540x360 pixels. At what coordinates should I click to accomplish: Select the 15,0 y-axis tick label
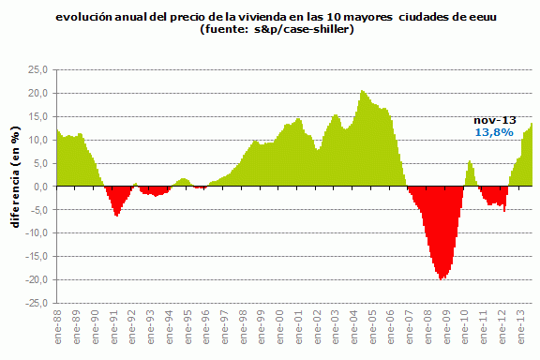pos(38,116)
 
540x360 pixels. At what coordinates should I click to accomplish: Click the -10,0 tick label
pos(37,233)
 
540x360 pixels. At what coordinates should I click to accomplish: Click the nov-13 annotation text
pos(493,120)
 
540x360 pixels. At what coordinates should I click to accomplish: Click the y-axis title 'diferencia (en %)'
pos(16,187)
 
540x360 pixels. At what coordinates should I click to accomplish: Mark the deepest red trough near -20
pos(442,277)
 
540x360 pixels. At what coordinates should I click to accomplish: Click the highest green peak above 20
pos(362,92)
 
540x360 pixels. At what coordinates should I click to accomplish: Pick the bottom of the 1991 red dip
pos(116,215)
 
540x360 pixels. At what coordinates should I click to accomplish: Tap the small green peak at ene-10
pos(470,162)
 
